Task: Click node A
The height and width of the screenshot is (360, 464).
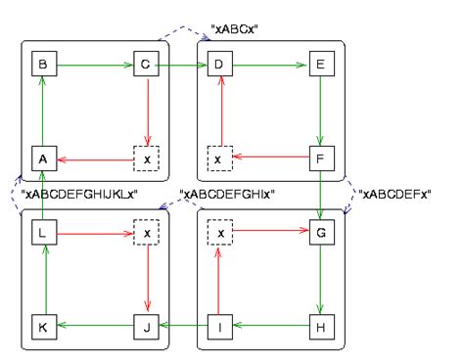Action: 42,157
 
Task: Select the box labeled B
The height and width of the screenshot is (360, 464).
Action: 42,66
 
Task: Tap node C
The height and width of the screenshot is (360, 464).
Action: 145,66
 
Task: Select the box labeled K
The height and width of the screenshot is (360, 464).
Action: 42,327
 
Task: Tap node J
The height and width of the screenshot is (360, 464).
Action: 145,327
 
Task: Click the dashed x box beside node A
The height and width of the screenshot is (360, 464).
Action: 145,157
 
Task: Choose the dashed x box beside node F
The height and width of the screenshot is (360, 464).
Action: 219,157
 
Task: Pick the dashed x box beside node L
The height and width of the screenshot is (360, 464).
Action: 145,235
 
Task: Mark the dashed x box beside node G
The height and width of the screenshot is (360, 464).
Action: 219,235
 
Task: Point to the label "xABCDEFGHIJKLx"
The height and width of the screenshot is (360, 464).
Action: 78,195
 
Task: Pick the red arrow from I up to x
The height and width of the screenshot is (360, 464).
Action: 219,282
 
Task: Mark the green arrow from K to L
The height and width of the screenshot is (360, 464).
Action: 42,282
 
